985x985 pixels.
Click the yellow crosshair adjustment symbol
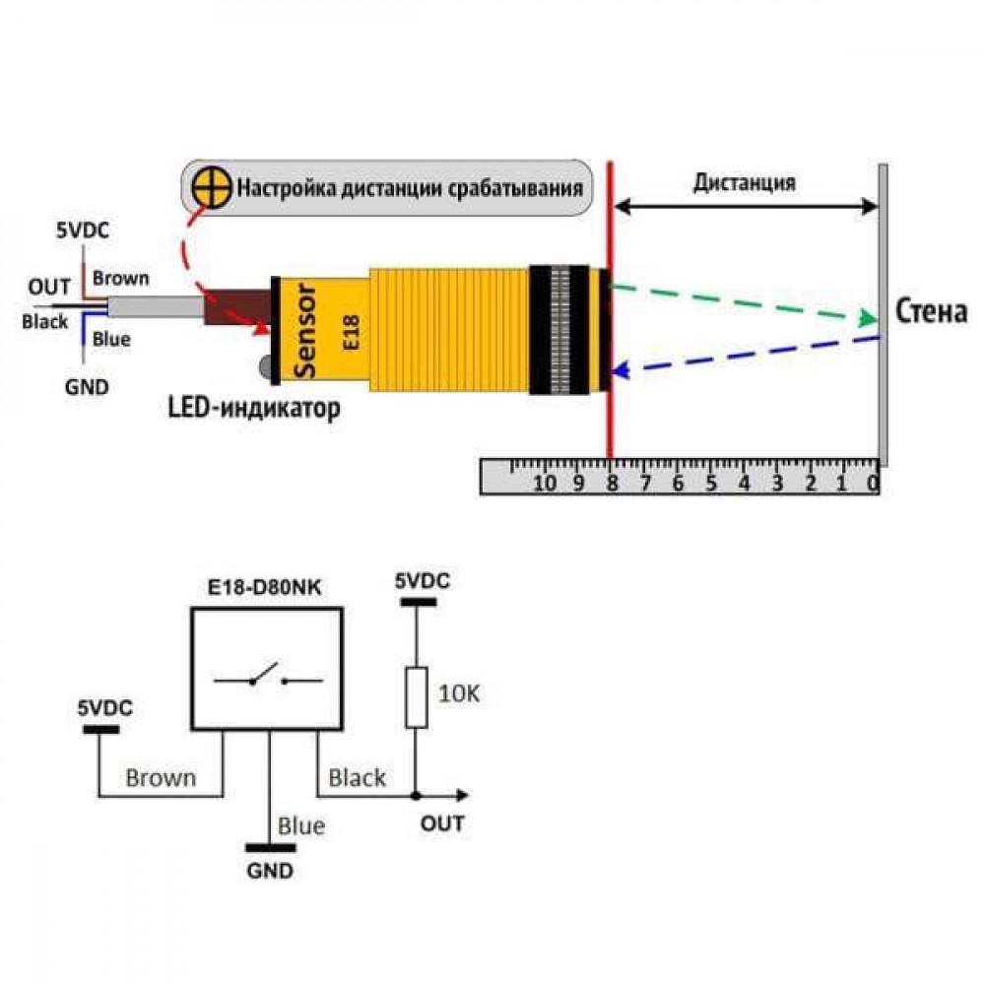coord(212,187)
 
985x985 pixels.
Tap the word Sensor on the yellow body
coord(305,330)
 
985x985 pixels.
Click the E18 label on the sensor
coord(351,332)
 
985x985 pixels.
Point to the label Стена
coord(931,311)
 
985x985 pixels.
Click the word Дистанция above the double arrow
coord(745,182)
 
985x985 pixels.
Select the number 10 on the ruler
coord(544,483)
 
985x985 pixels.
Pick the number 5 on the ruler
coord(710,483)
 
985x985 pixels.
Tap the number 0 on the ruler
coord(873,483)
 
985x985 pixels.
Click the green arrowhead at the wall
coord(868,318)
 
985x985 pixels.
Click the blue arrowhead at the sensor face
coord(621,370)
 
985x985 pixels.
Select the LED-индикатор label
coord(254,409)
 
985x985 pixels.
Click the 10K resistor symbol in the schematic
coord(416,697)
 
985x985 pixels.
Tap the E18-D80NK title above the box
coord(264,587)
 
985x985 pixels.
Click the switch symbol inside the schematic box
coord(268,676)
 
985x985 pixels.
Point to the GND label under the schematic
coord(270,871)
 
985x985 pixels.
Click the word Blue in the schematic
coord(301,825)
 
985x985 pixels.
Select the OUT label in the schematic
coord(442,822)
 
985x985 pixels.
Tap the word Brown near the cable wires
coord(120,279)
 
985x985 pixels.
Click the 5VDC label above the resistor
coord(423,580)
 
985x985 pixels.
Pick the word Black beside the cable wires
coord(44,322)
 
